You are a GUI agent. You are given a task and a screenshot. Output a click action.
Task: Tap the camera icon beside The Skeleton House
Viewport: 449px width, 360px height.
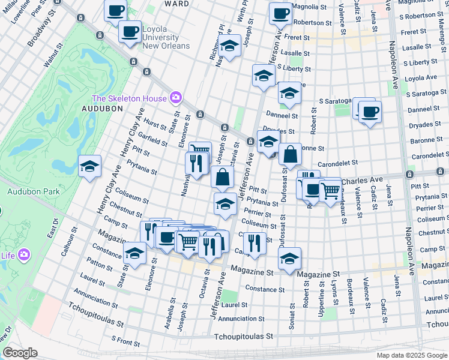pyautogui.click(x=176, y=97)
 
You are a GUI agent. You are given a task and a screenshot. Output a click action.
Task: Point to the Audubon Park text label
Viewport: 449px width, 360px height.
pyautogui.click(x=26, y=192)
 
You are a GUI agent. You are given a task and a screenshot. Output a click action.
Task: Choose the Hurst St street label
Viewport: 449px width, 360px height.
pyautogui.click(x=155, y=124)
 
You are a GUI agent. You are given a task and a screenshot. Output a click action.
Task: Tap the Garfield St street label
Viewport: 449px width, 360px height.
pyautogui.click(x=152, y=141)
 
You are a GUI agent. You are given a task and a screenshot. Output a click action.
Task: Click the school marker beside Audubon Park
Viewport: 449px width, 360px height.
pyautogui.click(x=90, y=167)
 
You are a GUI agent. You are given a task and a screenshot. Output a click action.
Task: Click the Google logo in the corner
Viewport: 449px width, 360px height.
pyautogui.click(x=20, y=353)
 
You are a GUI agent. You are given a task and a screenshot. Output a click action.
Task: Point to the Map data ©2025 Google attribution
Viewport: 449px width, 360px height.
pyautogui.click(x=412, y=355)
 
